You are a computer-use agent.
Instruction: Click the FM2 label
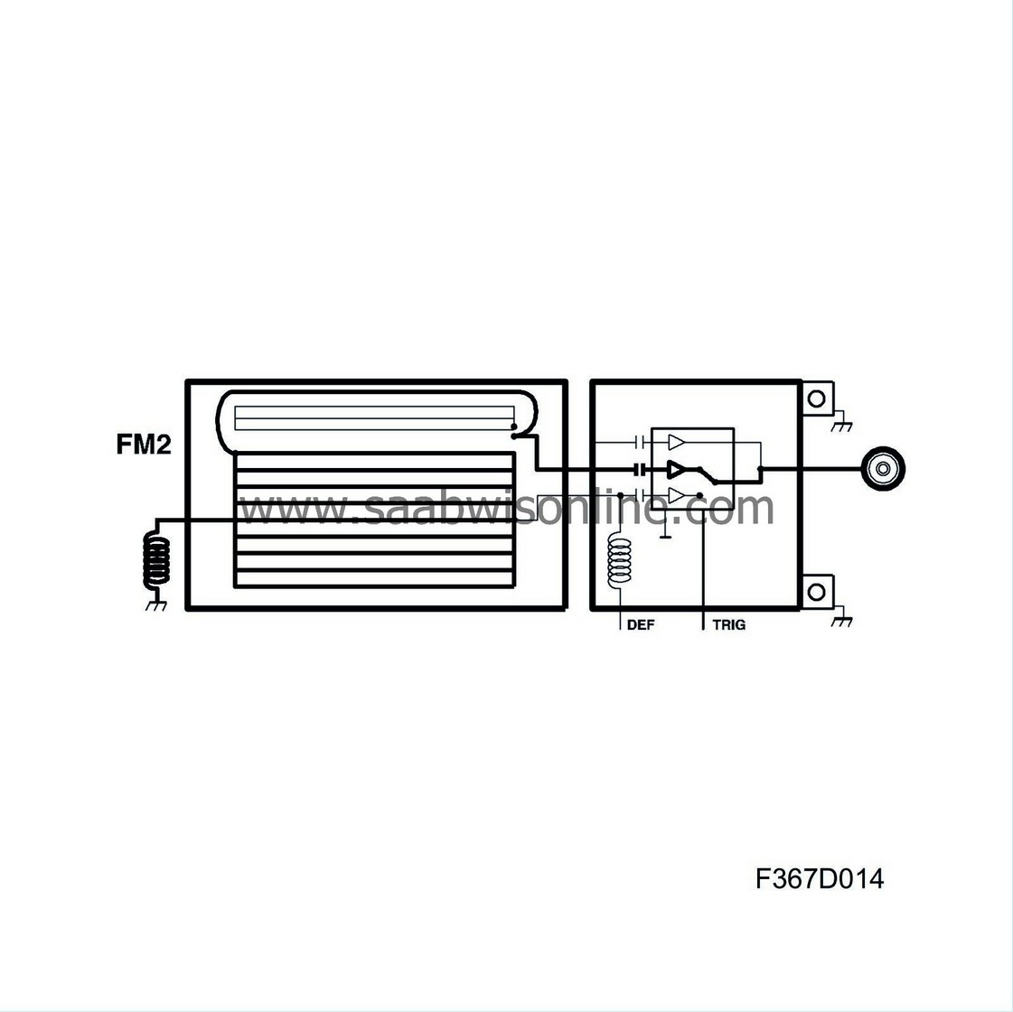[x=144, y=445]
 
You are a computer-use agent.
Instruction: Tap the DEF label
[x=640, y=624]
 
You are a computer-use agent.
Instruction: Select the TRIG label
[x=728, y=624]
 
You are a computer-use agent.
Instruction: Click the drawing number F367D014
[x=820, y=879]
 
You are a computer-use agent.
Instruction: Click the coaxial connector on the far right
[x=885, y=468]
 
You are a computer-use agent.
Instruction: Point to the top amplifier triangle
[x=677, y=443]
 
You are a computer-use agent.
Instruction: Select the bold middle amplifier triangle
[x=677, y=469]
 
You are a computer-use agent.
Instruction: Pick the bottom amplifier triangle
[x=677, y=495]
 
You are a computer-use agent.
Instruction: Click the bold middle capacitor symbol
[x=640, y=469]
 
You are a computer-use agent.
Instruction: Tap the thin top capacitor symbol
[x=640, y=443]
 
